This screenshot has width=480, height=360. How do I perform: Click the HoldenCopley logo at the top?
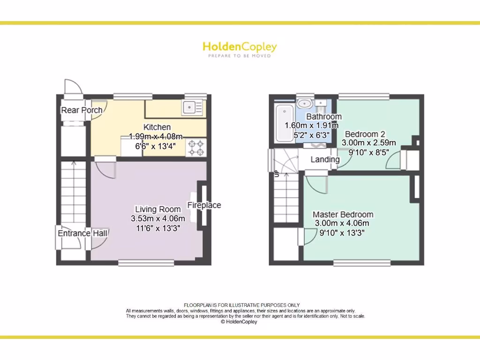coord(240,48)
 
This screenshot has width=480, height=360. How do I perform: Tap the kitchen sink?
coord(192,108)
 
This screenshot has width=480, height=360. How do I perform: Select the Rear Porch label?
coord(82,110)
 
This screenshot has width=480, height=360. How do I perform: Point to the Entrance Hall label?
coord(82,233)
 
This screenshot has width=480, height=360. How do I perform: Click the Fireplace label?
coord(204,205)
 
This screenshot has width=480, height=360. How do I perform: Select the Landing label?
coord(325,159)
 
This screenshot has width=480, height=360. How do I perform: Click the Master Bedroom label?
coord(343,215)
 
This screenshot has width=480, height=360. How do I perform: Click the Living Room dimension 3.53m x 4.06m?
coord(158,218)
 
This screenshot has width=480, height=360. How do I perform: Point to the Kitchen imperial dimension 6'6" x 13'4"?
coord(157,145)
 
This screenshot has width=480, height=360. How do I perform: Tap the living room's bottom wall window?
coord(146,263)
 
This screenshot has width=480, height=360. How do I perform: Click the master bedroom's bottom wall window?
coord(361,263)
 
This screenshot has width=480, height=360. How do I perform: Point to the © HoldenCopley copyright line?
coord(239,322)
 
